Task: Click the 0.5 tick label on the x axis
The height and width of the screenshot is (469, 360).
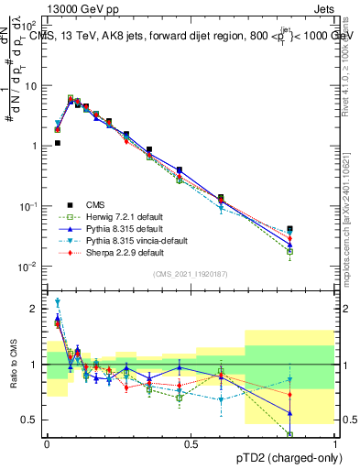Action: point(191,443)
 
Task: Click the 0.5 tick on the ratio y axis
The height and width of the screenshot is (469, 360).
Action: point(31,420)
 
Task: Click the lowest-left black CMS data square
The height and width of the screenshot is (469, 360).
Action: point(57,143)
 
